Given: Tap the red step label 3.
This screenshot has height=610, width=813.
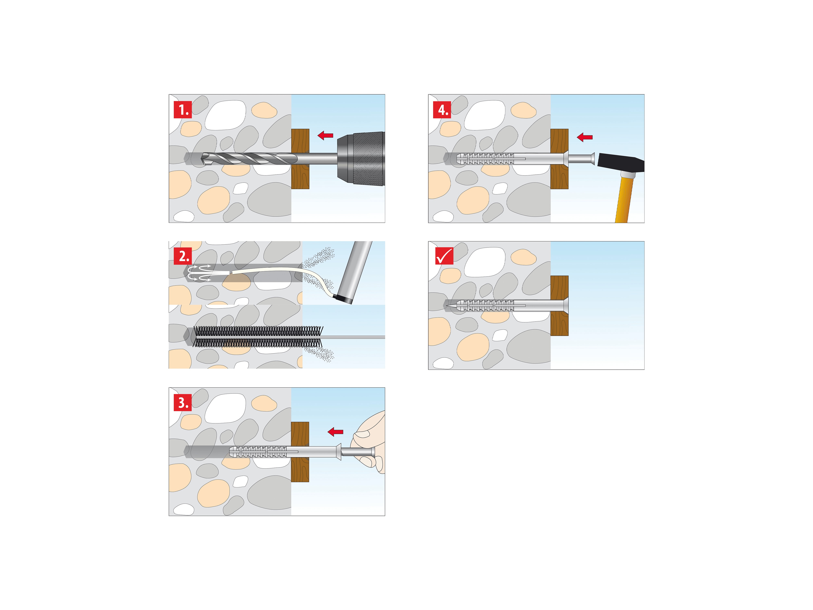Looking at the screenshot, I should tap(183, 403).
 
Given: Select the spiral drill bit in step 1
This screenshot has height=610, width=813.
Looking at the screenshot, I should tap(250, 159).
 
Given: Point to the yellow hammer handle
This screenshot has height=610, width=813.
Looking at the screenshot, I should tap(625, 200).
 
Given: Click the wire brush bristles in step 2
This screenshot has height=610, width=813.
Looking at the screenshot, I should tap(257, 337).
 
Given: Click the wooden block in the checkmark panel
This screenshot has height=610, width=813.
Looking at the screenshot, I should tap(559, 305).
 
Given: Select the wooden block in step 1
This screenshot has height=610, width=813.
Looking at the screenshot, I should tap(300, 159).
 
